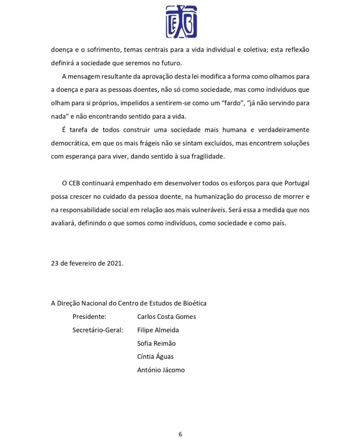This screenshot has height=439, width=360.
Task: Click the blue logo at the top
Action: point(181,21)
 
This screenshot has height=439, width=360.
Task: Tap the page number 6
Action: point(180,434)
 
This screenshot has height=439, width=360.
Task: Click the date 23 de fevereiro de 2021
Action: point(87,263)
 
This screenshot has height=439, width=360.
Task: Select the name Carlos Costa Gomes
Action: point(166,316)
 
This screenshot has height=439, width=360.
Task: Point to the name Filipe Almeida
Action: point(158,330)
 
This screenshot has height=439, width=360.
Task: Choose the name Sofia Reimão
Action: point(156,343)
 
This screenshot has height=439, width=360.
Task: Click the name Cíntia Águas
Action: point(155,356)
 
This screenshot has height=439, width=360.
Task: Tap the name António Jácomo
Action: point(161,370)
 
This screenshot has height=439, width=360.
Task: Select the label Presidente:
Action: point(89,316)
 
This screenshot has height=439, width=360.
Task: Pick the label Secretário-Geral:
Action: point(98,330)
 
